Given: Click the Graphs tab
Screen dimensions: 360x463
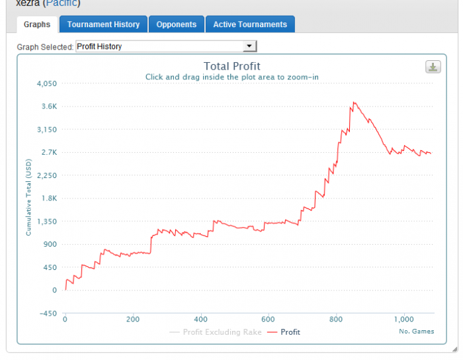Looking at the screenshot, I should pyautogui.click(x=36, y=24).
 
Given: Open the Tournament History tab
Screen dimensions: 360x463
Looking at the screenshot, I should pyautogui.click(x=103, y=24).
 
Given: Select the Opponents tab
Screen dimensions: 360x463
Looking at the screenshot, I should pyautogui.click(x=176, y=24).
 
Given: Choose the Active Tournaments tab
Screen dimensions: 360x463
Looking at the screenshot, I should pyautogui.click(x=250, y=24).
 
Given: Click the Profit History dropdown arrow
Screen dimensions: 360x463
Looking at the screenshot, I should pyautogui.click(x=249, y=46).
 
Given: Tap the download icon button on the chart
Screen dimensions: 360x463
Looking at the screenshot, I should pyautogui.click(x=433, y=67).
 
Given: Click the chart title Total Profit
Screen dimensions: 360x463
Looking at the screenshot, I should pyautogui.click(x=232, y=66).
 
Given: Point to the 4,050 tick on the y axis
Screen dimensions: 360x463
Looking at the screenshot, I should pyautogui.click(x=48, y=84).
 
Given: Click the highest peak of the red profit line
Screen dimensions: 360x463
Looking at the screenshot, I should pyautogui.click(x=355, y=102).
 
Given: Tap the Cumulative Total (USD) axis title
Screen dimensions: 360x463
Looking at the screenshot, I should pyautogui.click(x=28, y=197).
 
